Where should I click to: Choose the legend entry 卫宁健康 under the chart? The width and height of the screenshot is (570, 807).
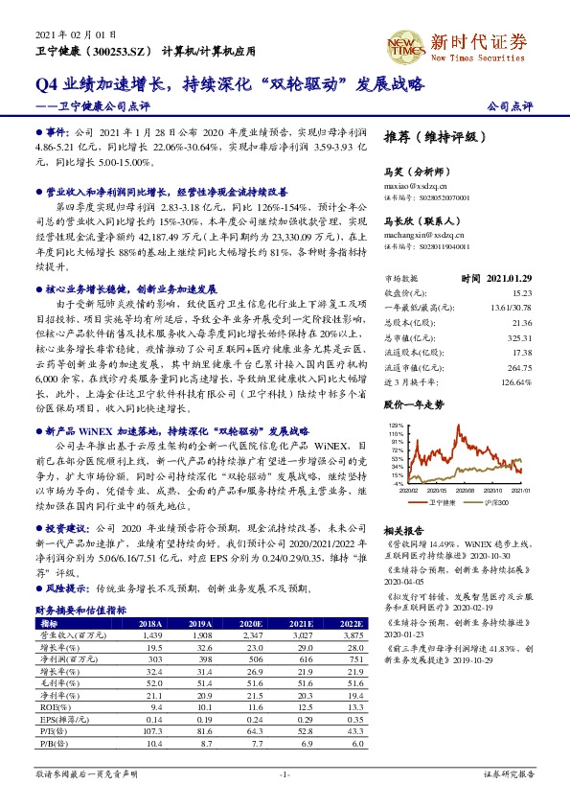pos(441,501)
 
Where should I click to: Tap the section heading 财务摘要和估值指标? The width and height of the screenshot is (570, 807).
pos(80,610)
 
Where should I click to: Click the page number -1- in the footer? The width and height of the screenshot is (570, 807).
pos(285,772)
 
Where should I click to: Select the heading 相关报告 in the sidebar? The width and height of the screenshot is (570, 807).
pos(403,529)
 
